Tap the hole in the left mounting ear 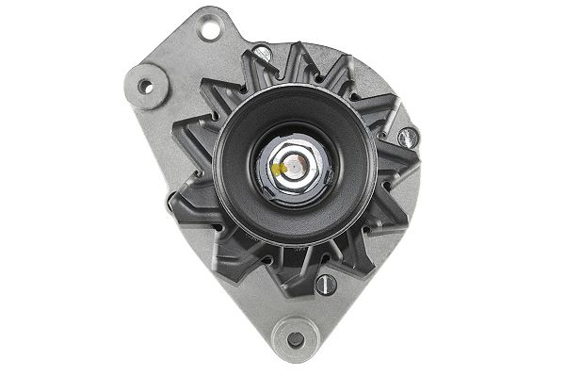tap(145, 87)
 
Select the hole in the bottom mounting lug tap(295, 339)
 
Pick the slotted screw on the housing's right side tap(406, 138)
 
